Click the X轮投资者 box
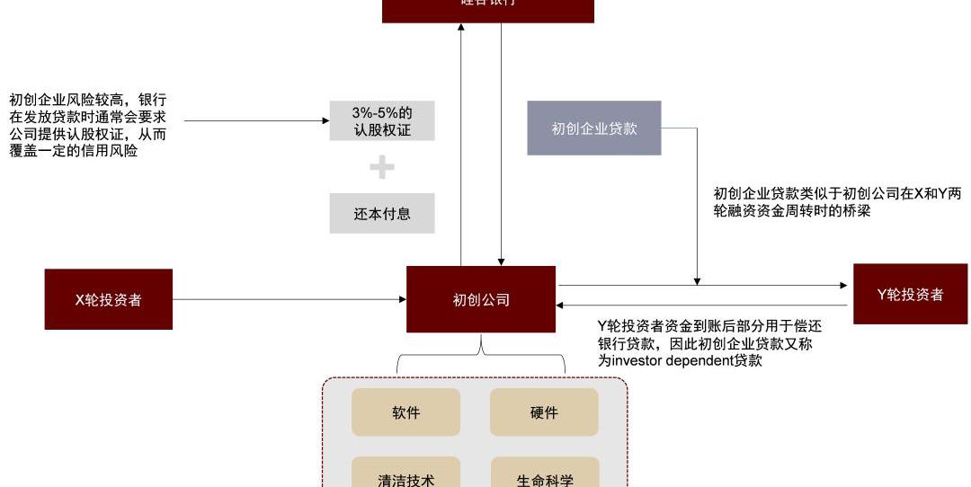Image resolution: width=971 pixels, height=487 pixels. click(x=108, y=299)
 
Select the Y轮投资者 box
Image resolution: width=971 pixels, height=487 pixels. click(x=910, y=294)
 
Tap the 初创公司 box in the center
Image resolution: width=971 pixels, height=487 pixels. click(x=480, y=299)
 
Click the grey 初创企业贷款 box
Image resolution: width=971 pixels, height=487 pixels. click(x=593, y=128)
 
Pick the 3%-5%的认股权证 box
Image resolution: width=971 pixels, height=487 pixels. click(x=381, y=121)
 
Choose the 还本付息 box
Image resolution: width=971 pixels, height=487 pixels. click(x=381, y=214)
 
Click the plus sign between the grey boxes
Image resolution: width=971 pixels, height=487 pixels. click(x=382, y=167)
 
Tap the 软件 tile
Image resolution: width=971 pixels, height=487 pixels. click(x=405, y=412)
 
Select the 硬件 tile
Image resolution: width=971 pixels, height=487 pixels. click(x=544, y=412)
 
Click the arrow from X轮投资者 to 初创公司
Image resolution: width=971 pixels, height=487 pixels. click(x=288, y=299)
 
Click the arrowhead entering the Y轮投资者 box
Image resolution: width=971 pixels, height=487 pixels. click(x=843, y=286)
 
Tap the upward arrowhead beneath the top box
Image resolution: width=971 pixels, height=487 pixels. click(x=461, y=28)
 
